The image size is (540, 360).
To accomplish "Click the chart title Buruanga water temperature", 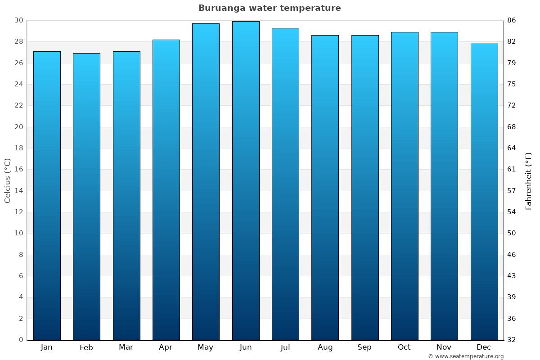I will click(x=270, y=8).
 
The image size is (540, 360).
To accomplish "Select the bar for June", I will click(x=246, y=180).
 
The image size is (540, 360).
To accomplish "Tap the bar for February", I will click(x=86, y=196).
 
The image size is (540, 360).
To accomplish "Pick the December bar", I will click(x=484, y=191).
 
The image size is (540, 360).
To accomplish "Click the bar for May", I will click(x=206, y=181).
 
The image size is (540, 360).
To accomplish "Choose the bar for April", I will click(x=166, y=189).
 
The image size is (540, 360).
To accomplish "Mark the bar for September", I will click(x=365, y=187).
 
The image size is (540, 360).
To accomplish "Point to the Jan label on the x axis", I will click(x=46, y=347).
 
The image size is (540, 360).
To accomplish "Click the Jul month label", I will click(x=285, y=347).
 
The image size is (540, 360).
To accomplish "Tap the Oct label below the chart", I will click(x=404, y=347).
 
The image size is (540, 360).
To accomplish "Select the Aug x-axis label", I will click(x=325, y=347).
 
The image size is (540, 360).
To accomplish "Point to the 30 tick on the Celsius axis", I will click(x=18, y=20).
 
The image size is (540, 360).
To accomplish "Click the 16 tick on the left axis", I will click(x=18, y=170).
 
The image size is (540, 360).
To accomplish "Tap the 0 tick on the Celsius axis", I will click(x=21, y=340).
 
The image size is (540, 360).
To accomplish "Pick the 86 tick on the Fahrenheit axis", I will click(x=512, y=20).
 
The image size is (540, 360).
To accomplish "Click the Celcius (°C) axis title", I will click(x=7, y=180).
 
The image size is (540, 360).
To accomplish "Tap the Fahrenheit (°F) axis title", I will click(x=528, y=180).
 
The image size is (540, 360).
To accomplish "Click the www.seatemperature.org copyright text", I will click(x=466, y=356).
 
